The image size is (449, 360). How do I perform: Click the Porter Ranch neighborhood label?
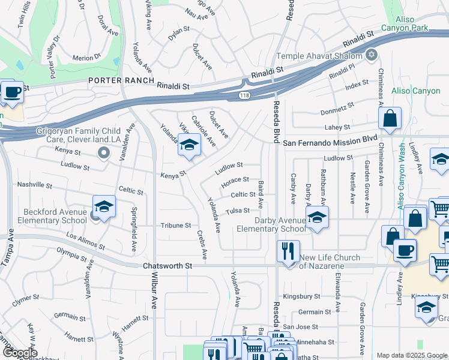tap(121, 81)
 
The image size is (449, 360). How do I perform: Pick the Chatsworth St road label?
tap(167, 265)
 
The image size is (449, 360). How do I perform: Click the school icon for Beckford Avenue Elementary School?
tap(104, 207)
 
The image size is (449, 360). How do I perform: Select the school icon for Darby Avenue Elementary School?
tap(318, 217)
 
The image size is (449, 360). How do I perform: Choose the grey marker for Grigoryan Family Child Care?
tap(104, 152)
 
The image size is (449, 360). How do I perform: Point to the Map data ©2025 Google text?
tap(412, 355)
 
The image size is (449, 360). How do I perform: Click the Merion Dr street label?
tap(86, 58)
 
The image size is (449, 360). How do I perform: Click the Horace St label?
tap(235, 179)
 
